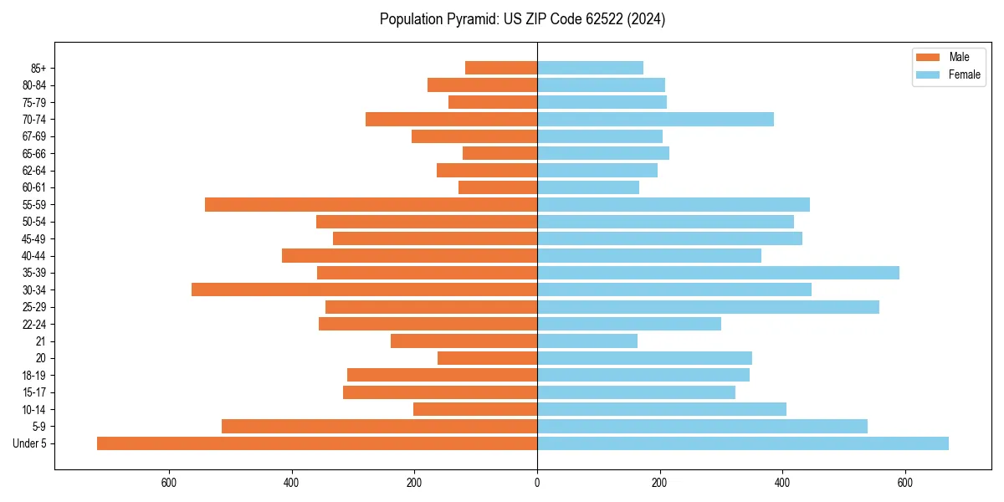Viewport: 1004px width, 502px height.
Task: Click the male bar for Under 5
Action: tap(317, 443)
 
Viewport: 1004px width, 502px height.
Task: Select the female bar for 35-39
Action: tap(718, 273)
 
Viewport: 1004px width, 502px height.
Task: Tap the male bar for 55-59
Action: tap(371, 205)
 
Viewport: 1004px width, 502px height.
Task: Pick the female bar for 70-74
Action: tap(655, 120)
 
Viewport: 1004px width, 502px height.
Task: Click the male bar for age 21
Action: tap(464, 341)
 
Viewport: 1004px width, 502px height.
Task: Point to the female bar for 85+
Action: tap(590, 68)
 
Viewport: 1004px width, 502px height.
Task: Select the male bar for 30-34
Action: tap(364, 289)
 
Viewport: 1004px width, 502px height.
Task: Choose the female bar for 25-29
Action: tap(708, 307)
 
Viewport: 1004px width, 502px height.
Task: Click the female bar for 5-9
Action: tap(702, 427)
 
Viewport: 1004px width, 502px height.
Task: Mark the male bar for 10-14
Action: tap(475, 409)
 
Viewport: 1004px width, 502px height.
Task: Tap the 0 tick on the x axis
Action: tap(537, 483)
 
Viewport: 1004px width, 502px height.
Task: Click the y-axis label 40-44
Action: tap(34, 256)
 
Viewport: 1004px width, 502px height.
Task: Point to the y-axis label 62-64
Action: tap(34, 171)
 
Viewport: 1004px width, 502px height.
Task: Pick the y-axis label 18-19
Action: tap(34, 376)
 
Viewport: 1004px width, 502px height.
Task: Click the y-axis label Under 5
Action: tap(30, 443)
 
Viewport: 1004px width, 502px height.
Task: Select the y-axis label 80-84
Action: tap(34, 85)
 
